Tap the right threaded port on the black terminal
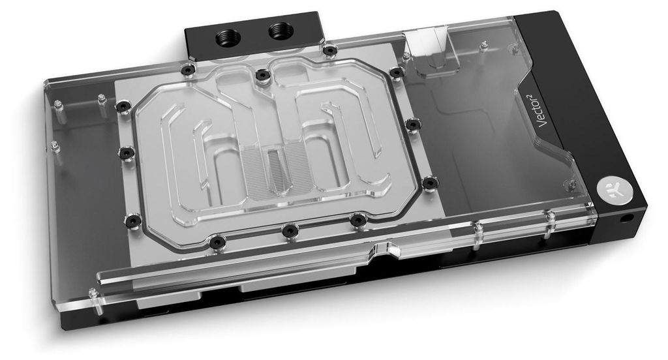[281, 31]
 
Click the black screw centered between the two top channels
[263, 76]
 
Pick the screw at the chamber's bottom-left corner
[133, 220]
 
